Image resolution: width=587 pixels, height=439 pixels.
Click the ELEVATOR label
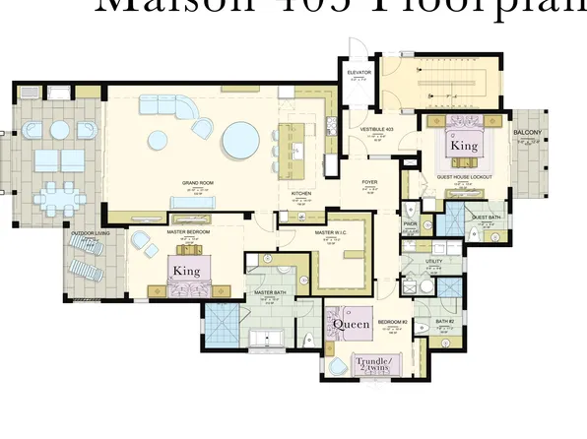tap(358, 72)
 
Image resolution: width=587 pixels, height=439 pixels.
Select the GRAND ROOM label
tap(198, 183)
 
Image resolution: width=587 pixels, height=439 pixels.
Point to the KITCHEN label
tap(301, 194)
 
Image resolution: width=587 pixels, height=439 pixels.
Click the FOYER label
tap(369, 182)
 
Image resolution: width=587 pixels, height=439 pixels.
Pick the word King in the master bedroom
tap(186, 269)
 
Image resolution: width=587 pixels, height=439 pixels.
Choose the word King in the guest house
tap(464, 145)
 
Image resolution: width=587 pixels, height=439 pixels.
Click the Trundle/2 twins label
tap(374, 364)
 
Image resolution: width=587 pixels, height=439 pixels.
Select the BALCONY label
tap(527, 133)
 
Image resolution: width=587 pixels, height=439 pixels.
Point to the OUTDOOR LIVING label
tap(89, 233)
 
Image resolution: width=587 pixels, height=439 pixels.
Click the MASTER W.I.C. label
tap(330, 233)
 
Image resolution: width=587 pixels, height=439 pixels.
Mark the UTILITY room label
tap(434, 261)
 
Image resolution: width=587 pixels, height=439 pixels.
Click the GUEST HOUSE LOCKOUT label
tap(464, 177)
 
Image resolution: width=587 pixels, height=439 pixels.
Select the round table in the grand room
tap(241, 139)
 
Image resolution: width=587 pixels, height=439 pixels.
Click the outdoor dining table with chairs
tap(61, 196)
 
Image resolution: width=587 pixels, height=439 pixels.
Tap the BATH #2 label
tap(444, 321)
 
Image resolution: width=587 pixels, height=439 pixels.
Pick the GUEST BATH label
tap(486, 218)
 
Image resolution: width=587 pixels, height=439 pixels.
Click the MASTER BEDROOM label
tap(185, 233)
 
